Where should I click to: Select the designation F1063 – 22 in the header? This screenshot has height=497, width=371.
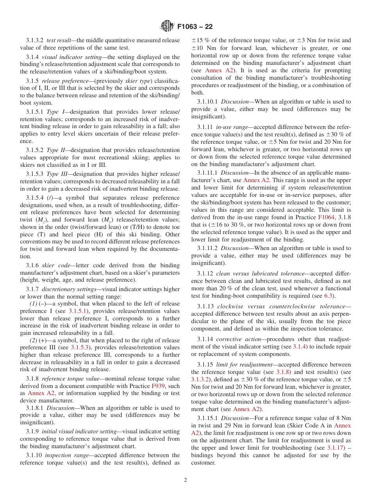point(194,27)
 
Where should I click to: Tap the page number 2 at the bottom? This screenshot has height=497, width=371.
point(185,480)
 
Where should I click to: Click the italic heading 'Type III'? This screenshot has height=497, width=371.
point(56,174)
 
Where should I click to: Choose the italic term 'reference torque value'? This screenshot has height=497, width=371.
point(67,379)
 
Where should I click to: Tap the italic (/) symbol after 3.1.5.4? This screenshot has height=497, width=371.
point(50,198)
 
